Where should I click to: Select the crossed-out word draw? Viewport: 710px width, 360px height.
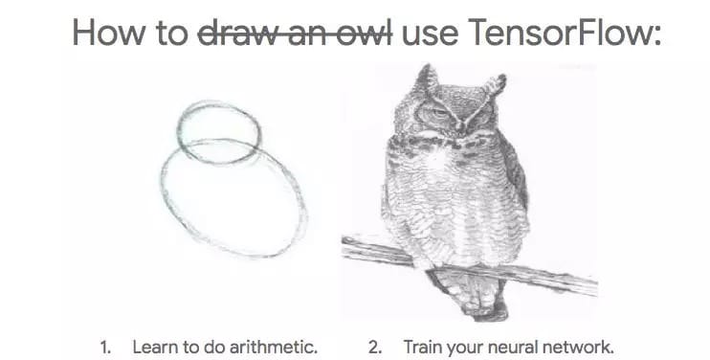[231, 33]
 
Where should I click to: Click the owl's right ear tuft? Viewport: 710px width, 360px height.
[495, 86]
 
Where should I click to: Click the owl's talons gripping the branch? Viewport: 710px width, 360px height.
[450, 260]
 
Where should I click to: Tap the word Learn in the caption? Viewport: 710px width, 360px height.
[152, 346]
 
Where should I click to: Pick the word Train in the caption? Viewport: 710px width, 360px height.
[422, 346]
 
